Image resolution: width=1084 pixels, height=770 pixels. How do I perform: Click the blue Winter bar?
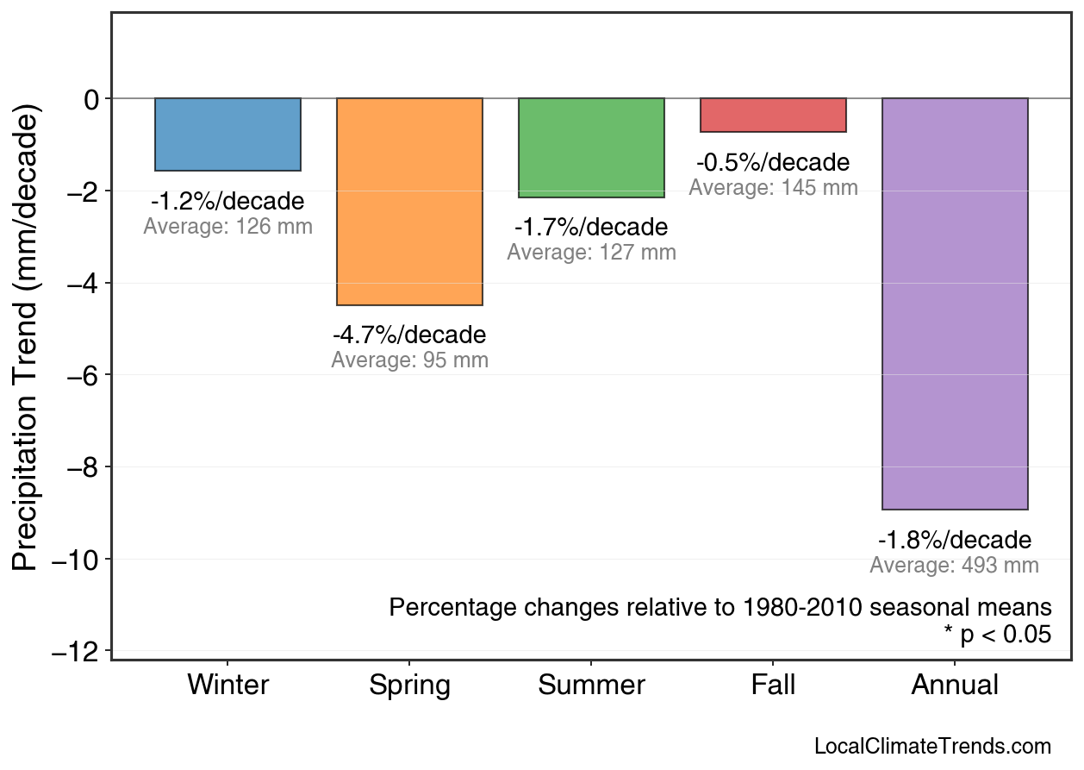coord(227,135)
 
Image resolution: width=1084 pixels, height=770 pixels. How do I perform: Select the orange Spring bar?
coord(409,202)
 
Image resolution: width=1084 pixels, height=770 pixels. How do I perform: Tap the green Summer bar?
coord(591,147)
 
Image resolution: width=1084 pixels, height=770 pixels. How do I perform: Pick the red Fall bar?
coord(773,115)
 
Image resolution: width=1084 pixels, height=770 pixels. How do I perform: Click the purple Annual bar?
coord(955,304)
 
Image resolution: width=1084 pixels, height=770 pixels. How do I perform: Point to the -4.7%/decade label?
coord(409,335)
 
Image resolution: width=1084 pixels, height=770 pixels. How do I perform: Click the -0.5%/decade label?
coord(773,162)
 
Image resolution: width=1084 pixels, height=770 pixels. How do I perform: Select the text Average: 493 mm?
coord(954,566)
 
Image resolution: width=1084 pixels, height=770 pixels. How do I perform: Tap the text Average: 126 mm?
coord(227,227)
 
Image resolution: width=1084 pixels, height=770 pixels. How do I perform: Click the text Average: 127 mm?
coord(591,253)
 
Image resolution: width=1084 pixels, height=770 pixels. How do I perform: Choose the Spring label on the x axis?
coord(409,685)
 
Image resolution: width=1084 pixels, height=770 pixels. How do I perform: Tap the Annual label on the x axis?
coord(955,685)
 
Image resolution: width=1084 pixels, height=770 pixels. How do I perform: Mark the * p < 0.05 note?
coord(997,635)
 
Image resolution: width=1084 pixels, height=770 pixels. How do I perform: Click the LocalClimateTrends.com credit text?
coord(932,747)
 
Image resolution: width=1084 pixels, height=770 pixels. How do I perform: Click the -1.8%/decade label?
coord(955,541)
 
